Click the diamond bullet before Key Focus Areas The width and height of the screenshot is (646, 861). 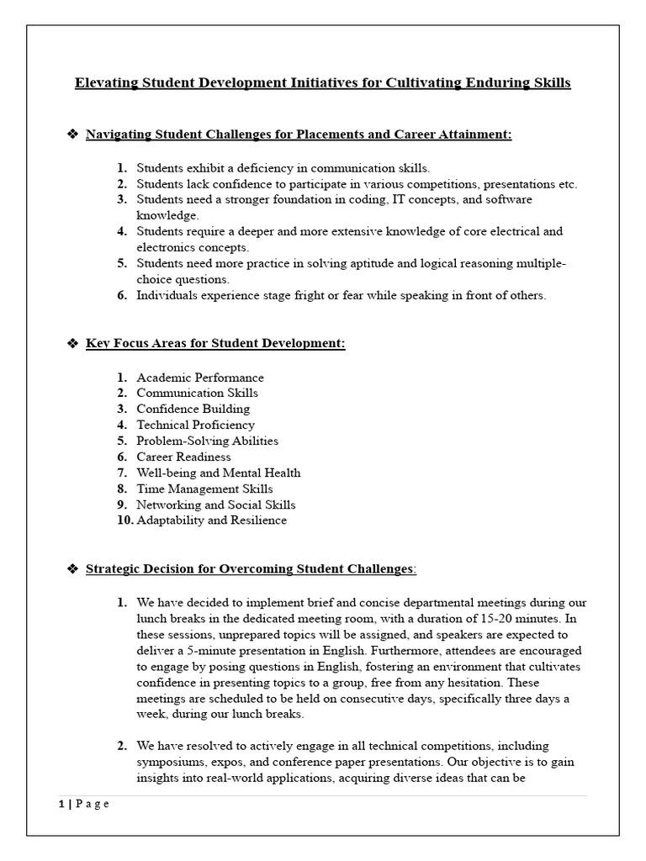pyautogui.click(x=71, y=344)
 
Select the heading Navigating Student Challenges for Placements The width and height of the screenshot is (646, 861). pyautogui.click(x=299, y=135)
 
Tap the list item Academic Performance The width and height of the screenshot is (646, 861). pyautogui.click(x=200, y=378)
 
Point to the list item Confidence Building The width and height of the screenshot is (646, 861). pyautogui.click(x=193, y=409)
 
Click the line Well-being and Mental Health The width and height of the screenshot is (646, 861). pyautogui.click(x=218, y=473)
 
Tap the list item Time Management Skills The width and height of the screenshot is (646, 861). pyautogui.click(x=204, y=489)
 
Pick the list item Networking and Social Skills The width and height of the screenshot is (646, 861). pyautogui.click(x=216, y=504)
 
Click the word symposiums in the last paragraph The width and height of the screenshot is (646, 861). pyautogui.click(x=172, y=761)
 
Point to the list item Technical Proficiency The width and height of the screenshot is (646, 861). pyautogui.click(x=195, y=425)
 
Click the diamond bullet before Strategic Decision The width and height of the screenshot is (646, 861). pyautogui.click(x=71, y=569)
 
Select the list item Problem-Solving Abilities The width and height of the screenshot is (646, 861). pyautogui.click(x=207, y=441)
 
